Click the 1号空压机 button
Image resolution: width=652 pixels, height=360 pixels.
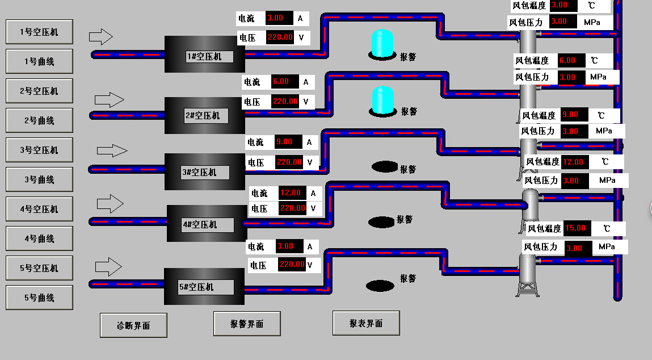39,32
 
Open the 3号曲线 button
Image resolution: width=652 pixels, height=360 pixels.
39,179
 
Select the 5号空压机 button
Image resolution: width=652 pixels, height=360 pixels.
39,268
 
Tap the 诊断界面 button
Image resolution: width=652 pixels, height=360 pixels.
133,325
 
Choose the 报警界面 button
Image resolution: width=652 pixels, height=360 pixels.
247,324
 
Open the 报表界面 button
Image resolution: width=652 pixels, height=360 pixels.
366,323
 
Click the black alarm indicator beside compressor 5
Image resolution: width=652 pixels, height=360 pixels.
380,285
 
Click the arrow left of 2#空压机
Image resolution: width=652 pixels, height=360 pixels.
109,101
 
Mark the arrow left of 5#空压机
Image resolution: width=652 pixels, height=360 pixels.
108,266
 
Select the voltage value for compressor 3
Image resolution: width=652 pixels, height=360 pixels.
289,162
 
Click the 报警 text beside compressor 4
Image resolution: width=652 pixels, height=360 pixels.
405,219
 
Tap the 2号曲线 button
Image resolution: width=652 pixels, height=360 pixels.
39,120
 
